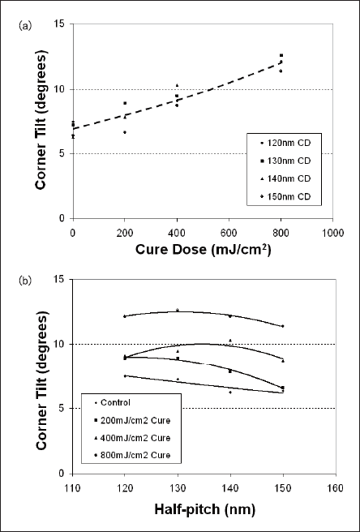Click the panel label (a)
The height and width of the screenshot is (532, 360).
25,27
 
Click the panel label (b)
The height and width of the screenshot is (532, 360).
25,281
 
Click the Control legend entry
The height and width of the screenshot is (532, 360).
112,403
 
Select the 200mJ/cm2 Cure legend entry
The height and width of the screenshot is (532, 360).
131,421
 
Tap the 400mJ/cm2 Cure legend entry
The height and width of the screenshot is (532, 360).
131,439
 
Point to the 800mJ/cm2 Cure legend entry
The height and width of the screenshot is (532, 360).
131,457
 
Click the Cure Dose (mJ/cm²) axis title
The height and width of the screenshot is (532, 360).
204,250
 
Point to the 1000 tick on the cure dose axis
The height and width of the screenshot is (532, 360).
332,234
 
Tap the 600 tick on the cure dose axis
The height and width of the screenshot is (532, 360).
229,234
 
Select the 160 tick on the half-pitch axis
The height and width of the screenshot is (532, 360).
336,489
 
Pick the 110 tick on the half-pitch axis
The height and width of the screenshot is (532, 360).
73,489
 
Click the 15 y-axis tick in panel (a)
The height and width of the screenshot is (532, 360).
63,24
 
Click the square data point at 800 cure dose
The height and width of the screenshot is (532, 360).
281,55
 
